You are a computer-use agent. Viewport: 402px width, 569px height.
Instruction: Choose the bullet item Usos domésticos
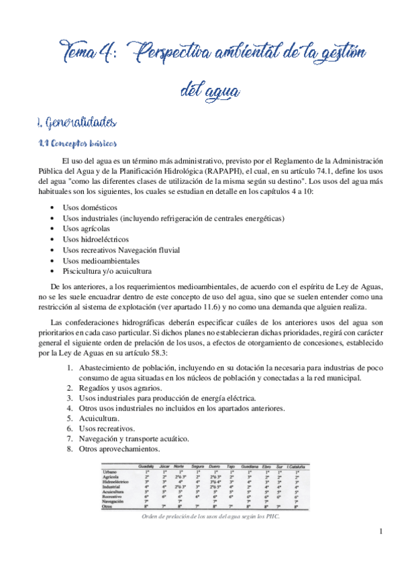coord(89,208)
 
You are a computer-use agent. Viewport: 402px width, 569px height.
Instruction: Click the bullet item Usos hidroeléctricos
coord(96,239)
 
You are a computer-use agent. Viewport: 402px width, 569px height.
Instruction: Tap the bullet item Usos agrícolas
coord(86,229)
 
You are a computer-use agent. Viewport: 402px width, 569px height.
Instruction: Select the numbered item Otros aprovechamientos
coord(119,448)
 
